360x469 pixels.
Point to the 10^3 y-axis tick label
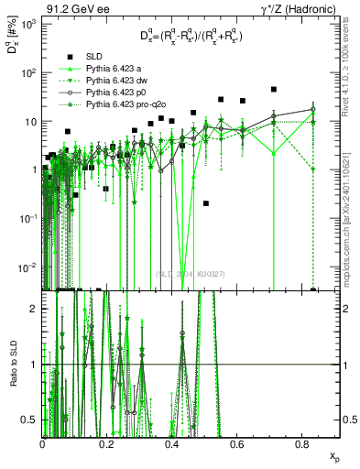point(28,25)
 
